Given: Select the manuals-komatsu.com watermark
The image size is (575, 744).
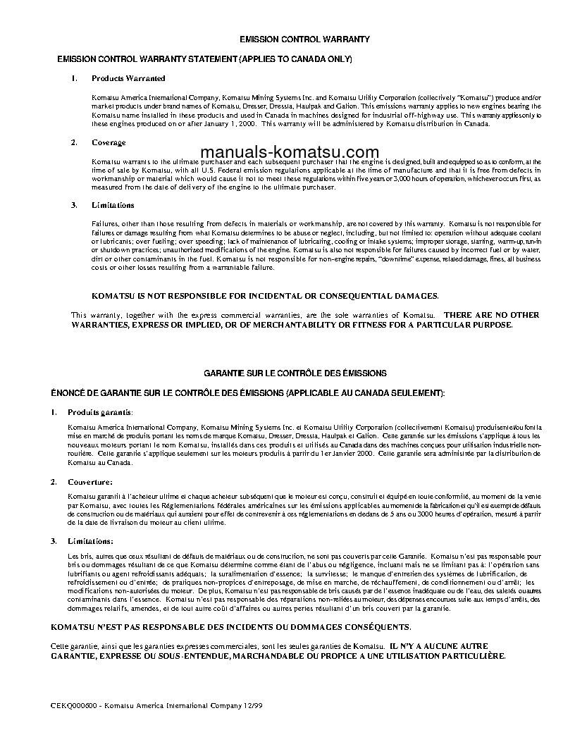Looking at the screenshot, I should point(290,152).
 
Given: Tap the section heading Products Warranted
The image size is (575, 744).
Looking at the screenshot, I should point(128,78).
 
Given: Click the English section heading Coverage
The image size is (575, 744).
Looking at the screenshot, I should point(109,142).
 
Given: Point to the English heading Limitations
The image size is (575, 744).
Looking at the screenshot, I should point(113,205).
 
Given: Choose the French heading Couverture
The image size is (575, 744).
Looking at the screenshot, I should point(89,482).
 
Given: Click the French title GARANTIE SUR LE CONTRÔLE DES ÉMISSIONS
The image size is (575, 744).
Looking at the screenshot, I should point(295,372).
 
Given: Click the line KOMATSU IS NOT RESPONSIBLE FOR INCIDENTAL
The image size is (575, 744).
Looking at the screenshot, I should point(265,296).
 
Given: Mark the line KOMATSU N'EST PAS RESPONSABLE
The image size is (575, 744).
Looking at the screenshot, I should point(230,626).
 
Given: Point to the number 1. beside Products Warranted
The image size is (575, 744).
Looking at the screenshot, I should point(74,78).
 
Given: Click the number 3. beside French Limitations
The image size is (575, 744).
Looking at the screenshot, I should point(54,540).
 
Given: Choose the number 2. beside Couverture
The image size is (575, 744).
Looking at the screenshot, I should point(54,482).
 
